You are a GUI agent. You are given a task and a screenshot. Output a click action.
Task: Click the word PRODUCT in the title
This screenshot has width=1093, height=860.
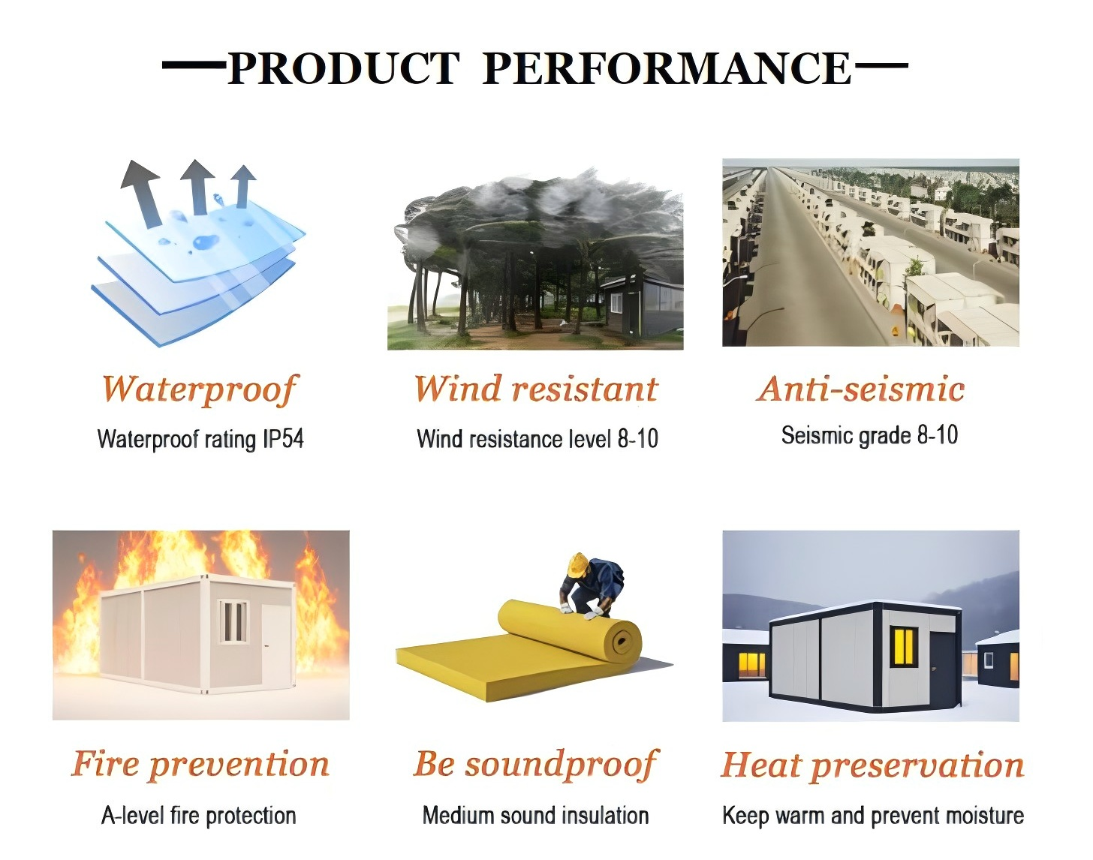343,68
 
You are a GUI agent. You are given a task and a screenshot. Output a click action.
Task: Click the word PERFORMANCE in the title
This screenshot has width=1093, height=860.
667,68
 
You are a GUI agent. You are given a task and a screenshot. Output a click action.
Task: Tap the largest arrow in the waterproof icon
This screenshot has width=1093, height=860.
142,194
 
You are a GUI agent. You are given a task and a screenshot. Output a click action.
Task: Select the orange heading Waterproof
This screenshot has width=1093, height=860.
199,390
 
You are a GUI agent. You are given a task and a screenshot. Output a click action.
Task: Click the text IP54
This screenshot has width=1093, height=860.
284,439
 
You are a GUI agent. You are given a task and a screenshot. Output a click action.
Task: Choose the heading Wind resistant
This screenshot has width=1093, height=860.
536,389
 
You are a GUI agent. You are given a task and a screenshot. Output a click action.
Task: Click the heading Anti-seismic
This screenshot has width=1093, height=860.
860,389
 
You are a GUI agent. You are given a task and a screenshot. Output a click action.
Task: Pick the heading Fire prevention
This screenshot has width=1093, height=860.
200,765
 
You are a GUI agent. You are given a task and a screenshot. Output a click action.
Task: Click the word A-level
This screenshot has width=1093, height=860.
133,816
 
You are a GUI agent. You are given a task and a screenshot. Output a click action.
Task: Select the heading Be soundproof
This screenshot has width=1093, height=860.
536,765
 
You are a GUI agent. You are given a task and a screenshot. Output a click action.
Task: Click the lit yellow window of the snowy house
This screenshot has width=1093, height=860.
904,646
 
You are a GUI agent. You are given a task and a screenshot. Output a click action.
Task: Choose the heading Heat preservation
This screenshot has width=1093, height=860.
872,766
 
